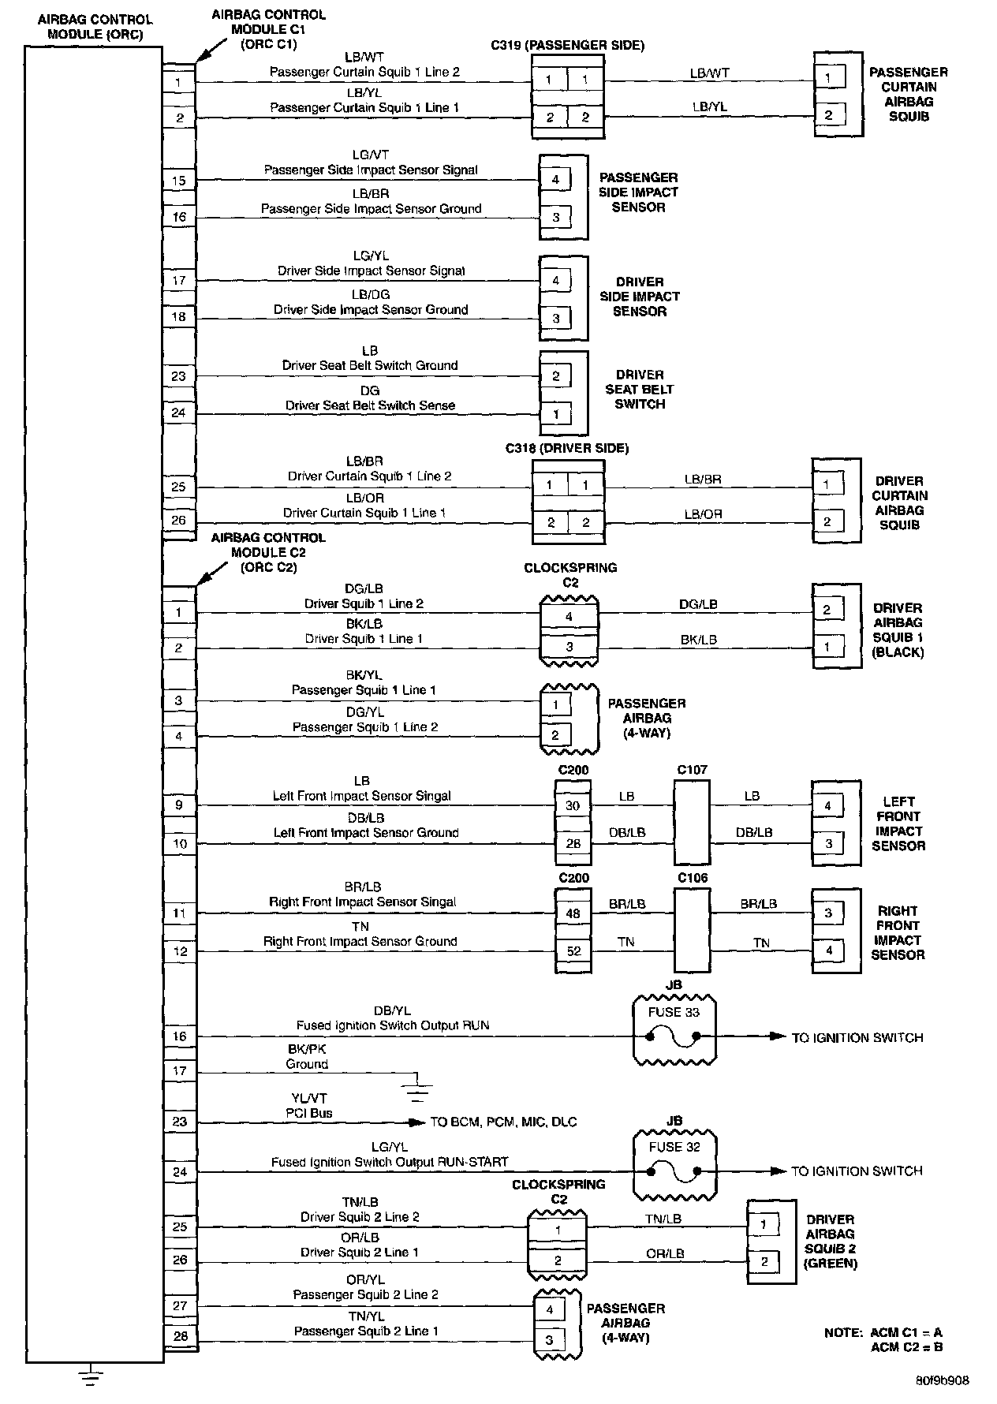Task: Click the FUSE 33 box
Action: pyautogui.click(x=674, y=1030)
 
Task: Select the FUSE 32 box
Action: pyautogui.click(x=674, y=1164)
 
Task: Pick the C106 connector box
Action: pyautogui.click(x=691, y=931)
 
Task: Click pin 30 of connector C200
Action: pyautogui.click(x=573, y=805)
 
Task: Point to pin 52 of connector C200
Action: pyautogui.click(x=573, y=951)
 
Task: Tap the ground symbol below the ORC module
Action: pyautogui.click(x=91, y=1376)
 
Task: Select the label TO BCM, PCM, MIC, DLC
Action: pyautogui.click(x=503, y=1122)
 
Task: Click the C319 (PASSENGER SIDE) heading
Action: pyautogui.click(x=567, y=45)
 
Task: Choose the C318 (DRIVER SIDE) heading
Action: pyautogui.click(x=567, y=448)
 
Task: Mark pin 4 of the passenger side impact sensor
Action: pyautogui.click(x=555, y=180)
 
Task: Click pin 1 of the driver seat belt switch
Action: pyautogui.click(x=555, y=413)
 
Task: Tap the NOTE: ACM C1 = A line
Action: pyautogui.click(x=883, y=1332)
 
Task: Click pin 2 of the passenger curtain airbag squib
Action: pyautogui.click(x=828, y=114)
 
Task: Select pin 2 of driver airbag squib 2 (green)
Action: pyautogui.click(x=764, y=1261)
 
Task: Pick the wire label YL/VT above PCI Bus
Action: pyautogui.click(x=309, y=1098)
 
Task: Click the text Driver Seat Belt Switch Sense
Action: pyautogui.click(x=370, y=405)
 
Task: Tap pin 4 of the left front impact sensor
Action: pyautogui.click(x=827, y=805)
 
